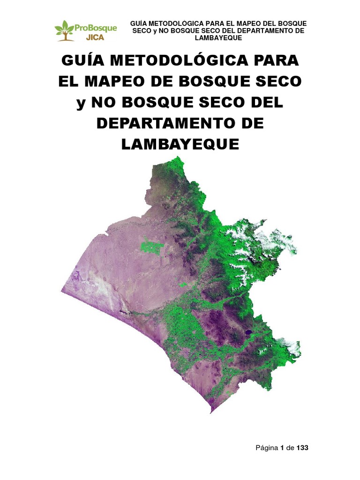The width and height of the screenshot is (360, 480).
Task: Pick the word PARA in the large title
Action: pyautogui.click(x=276, y=61)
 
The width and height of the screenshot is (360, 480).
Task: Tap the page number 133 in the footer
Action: pyautogui.click(x=303, y=448)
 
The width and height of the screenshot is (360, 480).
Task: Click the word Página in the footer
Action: pyautogui.click(x=266, y=448)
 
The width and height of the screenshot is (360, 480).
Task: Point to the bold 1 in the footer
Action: pyautogui.click(x=282, y=448)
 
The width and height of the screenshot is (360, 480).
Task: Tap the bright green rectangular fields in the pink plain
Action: pyautogui.click(x=150, y=247)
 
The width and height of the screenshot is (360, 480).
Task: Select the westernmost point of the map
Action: pyautogui.click(x=61, y=291)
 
